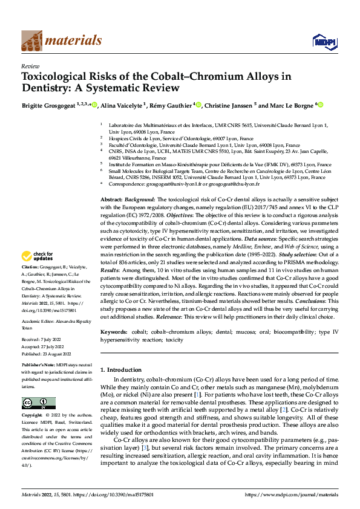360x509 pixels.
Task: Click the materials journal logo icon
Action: point(32,41)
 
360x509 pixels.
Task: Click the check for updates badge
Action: point(38,272)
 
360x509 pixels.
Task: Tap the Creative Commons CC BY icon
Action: point(38,403)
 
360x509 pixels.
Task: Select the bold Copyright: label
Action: point(33,417)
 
